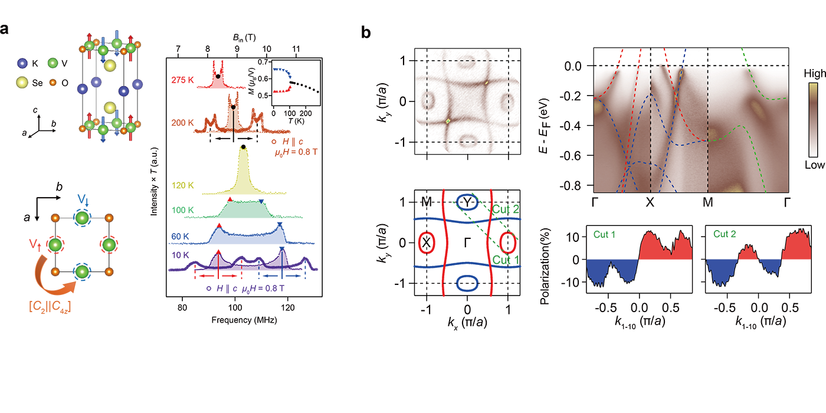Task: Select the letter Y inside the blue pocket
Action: (x=467, y=202)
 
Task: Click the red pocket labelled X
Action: (x=426, y=242)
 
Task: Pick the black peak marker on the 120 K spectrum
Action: (x=243, y=147)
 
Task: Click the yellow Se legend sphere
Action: (x=23, y=82)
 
